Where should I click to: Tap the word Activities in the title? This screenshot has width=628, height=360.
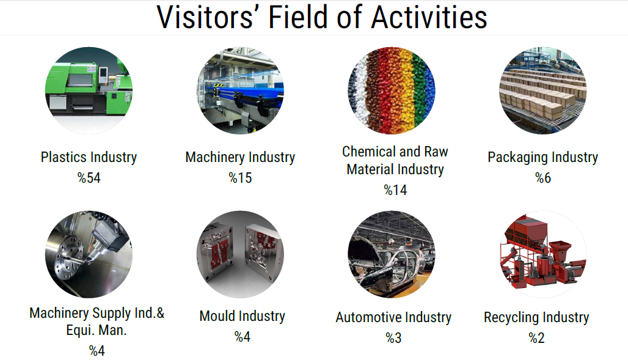(x=429, y=17)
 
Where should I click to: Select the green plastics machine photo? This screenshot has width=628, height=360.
(x=89, y=90)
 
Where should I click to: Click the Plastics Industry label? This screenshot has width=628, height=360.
(x=89, y=157)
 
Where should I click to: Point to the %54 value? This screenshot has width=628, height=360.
(x=89, y=178)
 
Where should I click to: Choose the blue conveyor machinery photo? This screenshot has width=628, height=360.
(x=240, y=90)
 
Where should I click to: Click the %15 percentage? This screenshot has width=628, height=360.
(x=240, y=178)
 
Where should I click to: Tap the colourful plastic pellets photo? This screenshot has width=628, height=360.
(x=392, y=90)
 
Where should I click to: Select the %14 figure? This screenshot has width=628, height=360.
(x=395, y=190)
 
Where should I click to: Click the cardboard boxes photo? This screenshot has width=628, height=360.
(x=542, y=90)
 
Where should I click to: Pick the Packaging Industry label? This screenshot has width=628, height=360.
(x=542, y=157)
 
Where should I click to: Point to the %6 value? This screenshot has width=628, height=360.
(x=543, y=178)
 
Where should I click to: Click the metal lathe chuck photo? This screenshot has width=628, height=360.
(x=89, y=254)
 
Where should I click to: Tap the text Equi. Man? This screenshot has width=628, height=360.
(x=97, y=330)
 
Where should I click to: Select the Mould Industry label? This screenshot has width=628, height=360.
(x=243, y=317)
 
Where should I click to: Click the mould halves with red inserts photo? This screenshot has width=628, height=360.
(x=240, y=254)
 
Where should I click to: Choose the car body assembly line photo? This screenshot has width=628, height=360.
(x=392, y=254)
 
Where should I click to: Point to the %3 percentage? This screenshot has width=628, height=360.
(x=393, y=338)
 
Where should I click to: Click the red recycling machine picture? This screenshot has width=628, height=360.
(x=542, y=254)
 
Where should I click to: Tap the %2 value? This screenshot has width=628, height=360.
(x=537, y=338)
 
